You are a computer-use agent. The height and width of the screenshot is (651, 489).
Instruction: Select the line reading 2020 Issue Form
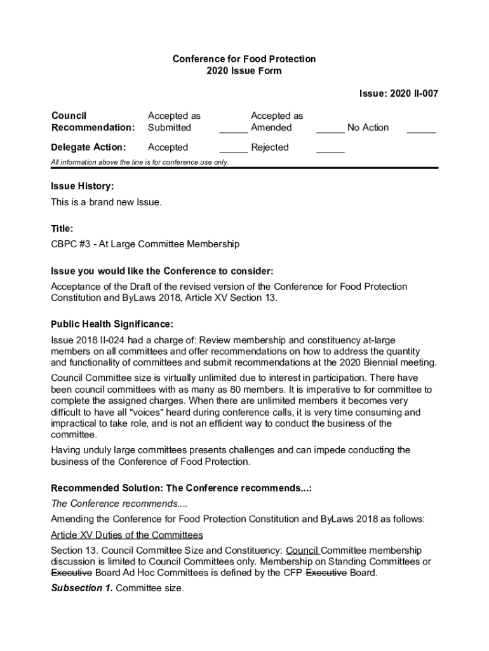click(244, 71)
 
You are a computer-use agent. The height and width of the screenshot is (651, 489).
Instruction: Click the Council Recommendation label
click(93, 121)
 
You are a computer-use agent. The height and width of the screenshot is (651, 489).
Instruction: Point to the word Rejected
click(270, 147)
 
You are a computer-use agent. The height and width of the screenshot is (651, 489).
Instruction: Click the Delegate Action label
click(88, 147)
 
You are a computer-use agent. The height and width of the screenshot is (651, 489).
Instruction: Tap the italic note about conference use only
click(140, 162)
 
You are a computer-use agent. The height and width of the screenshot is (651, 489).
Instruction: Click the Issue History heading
click(83, 186)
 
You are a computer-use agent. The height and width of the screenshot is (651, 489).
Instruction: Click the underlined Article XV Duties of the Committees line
click(127, 535)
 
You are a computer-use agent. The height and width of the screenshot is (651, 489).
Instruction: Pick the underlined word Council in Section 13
click(304, 551)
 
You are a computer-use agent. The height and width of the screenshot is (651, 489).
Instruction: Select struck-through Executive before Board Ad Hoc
click(72, 573)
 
